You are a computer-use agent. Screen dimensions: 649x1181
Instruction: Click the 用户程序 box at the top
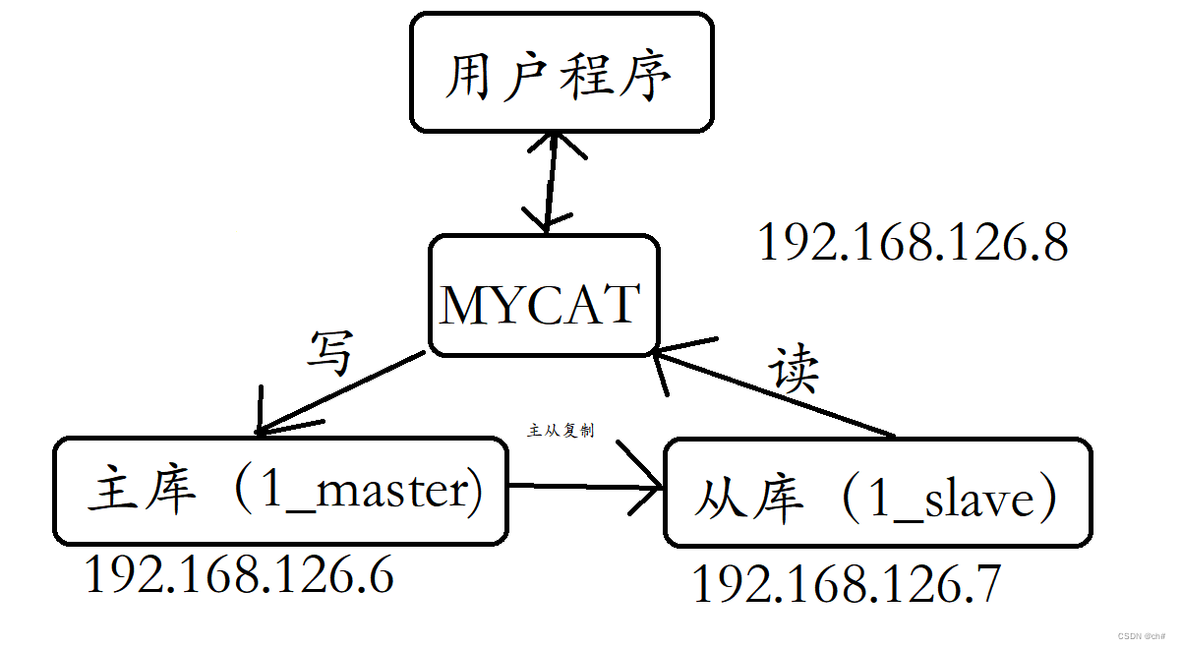click(561, 73)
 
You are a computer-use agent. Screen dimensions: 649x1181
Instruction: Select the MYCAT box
click(544, 296)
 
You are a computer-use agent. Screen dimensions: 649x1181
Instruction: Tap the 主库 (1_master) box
click(280, 491)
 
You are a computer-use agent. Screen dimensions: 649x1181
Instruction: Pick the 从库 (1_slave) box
click(877, 494)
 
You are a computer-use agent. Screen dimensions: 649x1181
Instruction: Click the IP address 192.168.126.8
click(913, 242)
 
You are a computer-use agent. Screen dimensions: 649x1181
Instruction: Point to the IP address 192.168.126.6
click(239, 574)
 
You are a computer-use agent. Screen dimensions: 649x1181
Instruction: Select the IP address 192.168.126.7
click(846, 584)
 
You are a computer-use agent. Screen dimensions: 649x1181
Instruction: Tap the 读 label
click(794, 371)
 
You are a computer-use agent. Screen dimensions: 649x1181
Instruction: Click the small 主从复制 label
click(561, 431)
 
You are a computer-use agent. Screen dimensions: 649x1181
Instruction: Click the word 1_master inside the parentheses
click(369, 491)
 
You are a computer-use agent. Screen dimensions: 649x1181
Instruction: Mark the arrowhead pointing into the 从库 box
click(649, 485)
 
